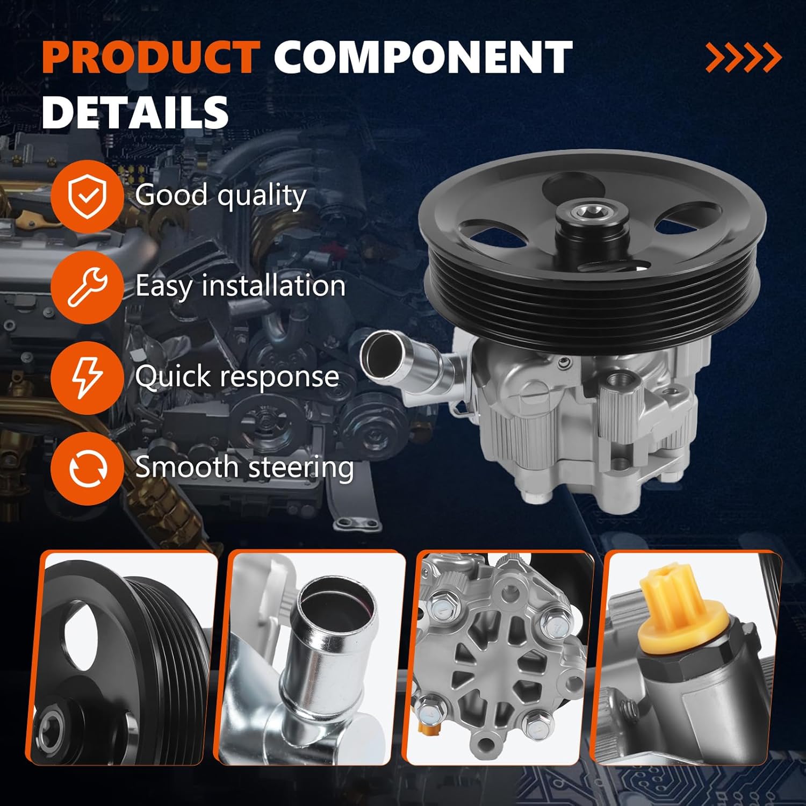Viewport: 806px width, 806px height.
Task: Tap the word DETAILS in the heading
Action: pyautogui.click(x=135, y=112)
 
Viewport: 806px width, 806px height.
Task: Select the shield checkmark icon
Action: pyautogui.click(x=87, y=196)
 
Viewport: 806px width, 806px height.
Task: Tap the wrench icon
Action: pyautogui.click(x=87, y=287)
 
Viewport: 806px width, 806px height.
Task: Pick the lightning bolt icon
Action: pyautogui.click(x=87, y=378)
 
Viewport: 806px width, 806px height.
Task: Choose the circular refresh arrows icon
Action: pyautogui.click(x=87, y=468)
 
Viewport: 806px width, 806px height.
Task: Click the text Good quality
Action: pyautogui.click(x=220, y=195)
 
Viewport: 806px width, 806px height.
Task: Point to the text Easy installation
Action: pyautogui.click(x=240, y=285)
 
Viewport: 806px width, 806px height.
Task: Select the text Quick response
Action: pyautogui.click(x=237, y=376)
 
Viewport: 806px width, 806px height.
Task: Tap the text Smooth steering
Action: pyautogui.click(x=244, y=466)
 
